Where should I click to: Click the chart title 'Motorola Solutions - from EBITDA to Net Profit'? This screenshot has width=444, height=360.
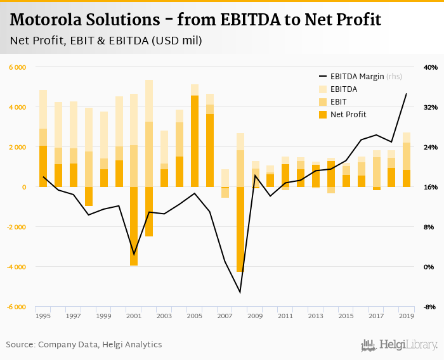tap(195, 20)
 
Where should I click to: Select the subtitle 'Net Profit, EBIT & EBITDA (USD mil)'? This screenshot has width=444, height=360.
tap(106, 41)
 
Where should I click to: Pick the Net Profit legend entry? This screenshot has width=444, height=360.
tap(348, 115)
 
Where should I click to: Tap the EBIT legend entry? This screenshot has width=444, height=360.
tap(338, 102)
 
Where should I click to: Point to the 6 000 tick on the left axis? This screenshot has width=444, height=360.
tap(17, 67)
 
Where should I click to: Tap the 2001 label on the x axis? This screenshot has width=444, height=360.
tap(134, 316)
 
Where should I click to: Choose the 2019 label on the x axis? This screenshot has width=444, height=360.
tap(407, 316)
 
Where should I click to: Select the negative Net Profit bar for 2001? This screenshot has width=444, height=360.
tap(134, 226)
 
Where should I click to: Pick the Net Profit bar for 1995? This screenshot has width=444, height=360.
tap(43, 166)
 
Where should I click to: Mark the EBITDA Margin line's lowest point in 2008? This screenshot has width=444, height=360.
tap(240, 292)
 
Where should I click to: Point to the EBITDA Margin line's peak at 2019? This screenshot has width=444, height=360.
tap(407, 94)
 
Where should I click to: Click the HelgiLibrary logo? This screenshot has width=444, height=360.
tap(399, 345)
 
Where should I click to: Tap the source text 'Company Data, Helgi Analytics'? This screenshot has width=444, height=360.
tap(100, 345)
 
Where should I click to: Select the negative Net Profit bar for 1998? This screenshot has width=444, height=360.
tap(89, 196)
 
